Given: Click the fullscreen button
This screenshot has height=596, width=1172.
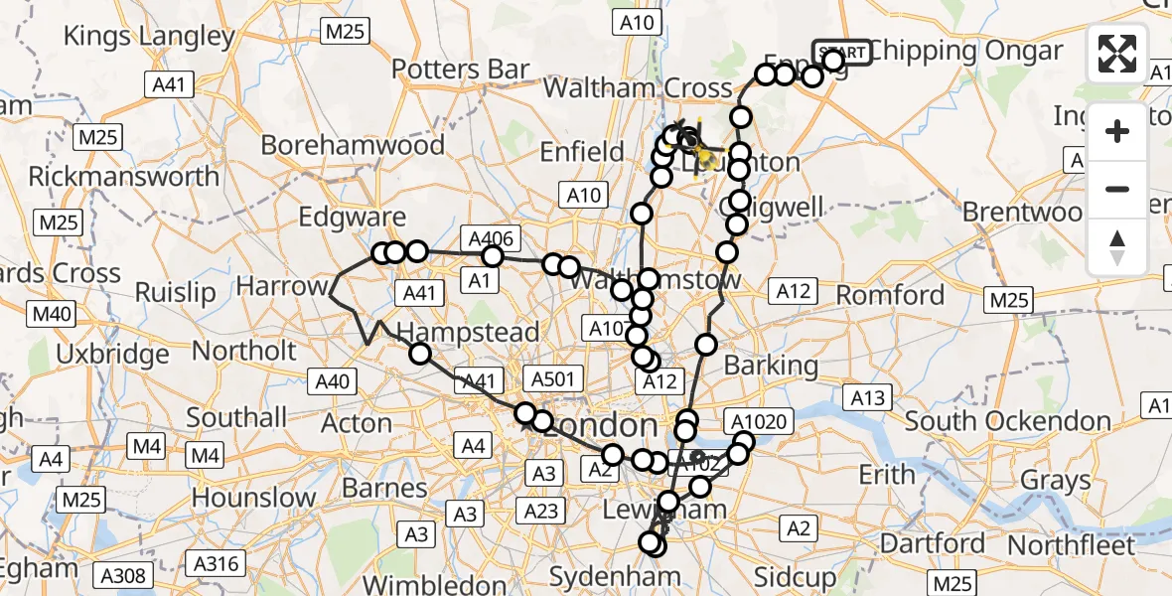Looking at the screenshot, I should (x=1117, y=54).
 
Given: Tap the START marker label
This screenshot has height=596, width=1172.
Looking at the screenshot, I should (x=842, y=52).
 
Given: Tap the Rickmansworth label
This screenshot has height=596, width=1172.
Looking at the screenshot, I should (x=124, y=177).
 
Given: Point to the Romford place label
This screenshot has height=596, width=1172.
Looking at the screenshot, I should (x=890, y=295).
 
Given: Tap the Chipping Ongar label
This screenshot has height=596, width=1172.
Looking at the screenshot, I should (x=952, y=50).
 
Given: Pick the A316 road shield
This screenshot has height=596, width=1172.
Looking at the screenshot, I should (x=216, y=564).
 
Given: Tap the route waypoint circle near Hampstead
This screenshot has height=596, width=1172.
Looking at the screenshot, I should (x=420, y=354).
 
